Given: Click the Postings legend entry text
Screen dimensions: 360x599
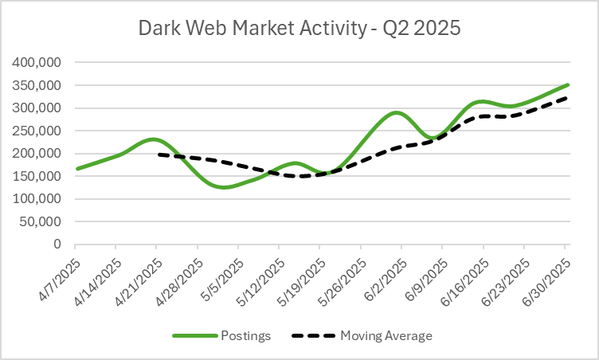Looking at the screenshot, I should click(248, 335).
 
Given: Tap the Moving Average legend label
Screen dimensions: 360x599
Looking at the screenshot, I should click(387, 335).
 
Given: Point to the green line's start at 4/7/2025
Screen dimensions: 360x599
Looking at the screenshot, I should click(76, 169).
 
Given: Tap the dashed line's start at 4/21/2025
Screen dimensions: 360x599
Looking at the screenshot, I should click(158, 155).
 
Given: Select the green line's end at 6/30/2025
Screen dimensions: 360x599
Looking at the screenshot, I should click(567, 84).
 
